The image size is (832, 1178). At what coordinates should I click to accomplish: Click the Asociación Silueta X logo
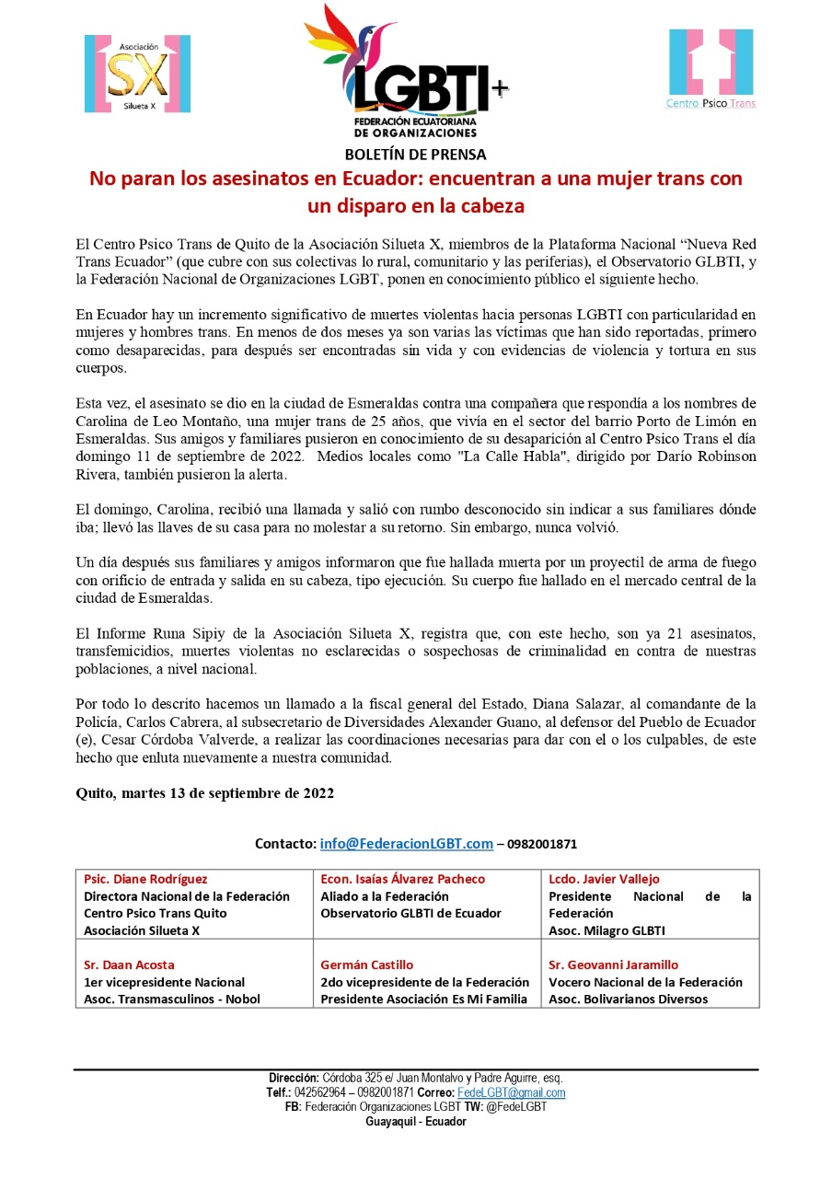pyautogui.click(x=137, y=74)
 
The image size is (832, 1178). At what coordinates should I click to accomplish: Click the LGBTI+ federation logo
pyautogui.click(x=405, y=72)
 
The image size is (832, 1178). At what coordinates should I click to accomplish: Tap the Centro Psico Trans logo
pyautogui.click(x=711, y=69)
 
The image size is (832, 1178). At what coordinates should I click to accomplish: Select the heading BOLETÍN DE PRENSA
pyautogui.click(x=415, y=155)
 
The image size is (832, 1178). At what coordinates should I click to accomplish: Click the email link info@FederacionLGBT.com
pyautogui.click(x=406, y=843)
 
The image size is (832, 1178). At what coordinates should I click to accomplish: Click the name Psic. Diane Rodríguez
pyautogui.click(x=145, y=879)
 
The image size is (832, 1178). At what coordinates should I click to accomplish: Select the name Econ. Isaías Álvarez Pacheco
pyautogui.click(x=402, y=879)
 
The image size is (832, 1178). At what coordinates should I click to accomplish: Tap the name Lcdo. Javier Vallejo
pyautogui.click(x=604, y=879)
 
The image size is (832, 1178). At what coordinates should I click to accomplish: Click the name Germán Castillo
pyautogui.click(x=366, y=964)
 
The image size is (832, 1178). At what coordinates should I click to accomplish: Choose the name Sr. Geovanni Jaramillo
pyautogui.click(x=613, y=964)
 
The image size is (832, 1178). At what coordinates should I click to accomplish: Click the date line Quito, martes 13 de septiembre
pyautogui.click(x=204, y=793)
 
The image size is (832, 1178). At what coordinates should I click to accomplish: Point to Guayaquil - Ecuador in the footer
pyautogui.click(x=415, y=1122)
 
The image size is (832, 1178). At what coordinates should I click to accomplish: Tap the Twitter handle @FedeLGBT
pyautogui.click(x=519, y=1107)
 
